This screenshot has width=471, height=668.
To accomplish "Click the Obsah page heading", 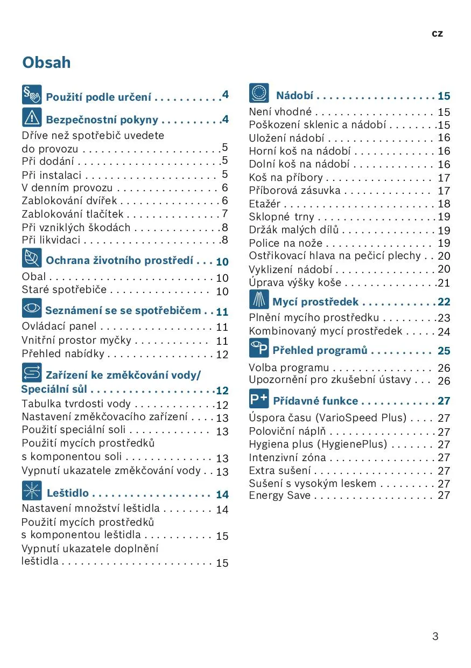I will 46,62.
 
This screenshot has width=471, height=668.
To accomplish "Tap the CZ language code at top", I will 437,33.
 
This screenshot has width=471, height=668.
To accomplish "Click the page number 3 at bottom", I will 435,636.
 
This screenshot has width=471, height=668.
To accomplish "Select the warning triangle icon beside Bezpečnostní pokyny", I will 32,117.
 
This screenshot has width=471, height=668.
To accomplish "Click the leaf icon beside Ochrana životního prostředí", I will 32,258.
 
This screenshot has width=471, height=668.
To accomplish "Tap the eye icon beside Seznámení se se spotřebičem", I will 32,308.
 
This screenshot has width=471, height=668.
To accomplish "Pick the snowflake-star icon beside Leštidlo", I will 32,491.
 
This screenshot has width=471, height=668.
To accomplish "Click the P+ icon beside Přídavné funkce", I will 259,399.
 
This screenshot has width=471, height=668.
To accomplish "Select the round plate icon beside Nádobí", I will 259,93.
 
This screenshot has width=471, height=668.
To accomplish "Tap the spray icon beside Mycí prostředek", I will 259,300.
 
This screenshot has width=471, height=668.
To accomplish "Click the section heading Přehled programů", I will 320,351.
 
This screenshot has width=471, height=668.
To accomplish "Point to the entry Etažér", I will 265,204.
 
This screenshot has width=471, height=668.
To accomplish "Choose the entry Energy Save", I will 279,495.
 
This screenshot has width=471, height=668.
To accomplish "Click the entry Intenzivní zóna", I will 287,457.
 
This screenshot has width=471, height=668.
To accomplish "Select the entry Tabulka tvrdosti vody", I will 76,404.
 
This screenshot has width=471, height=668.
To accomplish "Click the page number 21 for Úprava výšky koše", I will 444,282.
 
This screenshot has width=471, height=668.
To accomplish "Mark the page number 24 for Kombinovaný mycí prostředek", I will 444,332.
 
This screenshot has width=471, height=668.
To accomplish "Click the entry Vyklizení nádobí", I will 290,269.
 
